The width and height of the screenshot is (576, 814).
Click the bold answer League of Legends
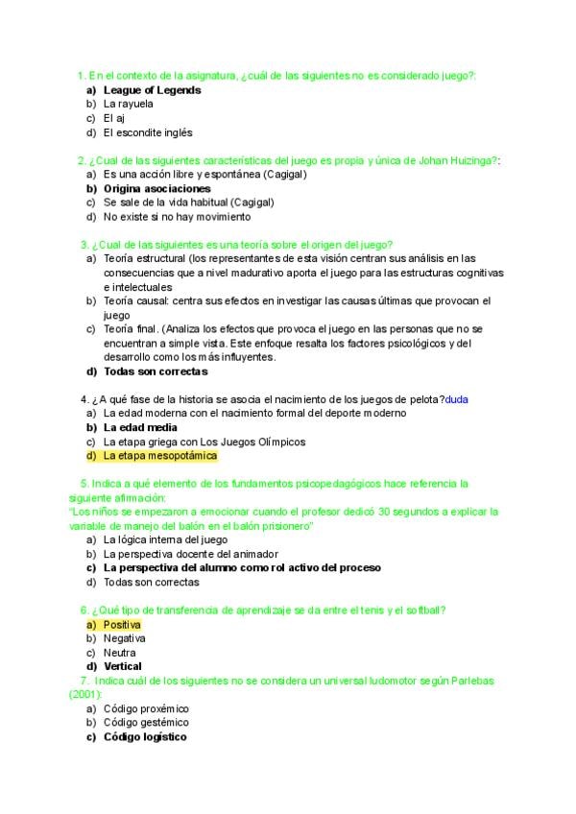[152, 90]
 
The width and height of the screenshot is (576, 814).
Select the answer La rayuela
[127, 104]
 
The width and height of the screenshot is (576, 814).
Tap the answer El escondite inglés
[148, 132]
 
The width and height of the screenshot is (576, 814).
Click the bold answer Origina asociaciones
[156, 189]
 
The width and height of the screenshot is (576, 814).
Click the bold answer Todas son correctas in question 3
[156, 371]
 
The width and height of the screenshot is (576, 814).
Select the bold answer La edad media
[140, 427]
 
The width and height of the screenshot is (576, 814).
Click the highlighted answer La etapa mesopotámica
[160, 455]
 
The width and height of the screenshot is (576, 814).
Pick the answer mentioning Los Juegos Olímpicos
[204, 442]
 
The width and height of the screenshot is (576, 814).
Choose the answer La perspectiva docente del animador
[190, 554]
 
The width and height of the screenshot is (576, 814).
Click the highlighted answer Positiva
[122, 624]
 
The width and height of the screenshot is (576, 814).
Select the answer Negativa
[125, 637]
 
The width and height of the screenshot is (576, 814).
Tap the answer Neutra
[119, 652]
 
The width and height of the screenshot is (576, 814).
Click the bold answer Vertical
[123, 666]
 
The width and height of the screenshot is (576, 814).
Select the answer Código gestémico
[146, 723]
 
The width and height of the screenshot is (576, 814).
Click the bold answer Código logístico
[145, 737]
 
